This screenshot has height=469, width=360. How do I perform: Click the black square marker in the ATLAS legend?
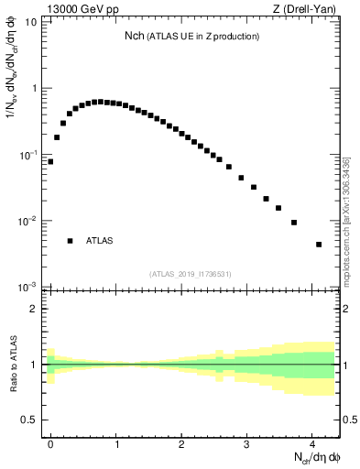[70, 241]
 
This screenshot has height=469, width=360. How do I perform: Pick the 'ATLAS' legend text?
[100, 241]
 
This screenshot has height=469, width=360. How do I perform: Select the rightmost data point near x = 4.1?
[319, 245]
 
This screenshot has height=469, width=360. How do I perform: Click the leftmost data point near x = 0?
[50, 161]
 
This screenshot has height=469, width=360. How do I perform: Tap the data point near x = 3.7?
[294, 223]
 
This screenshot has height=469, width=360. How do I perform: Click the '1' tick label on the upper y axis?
[34, 89]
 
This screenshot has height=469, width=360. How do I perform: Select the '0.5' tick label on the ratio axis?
[30, 420]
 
